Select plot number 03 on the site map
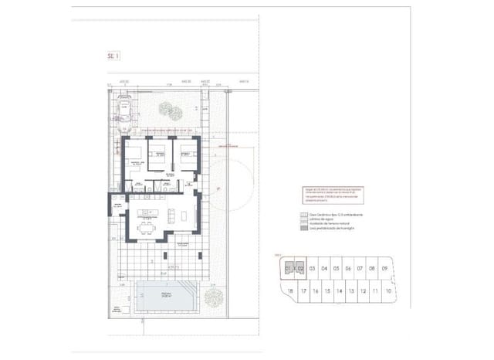pyautogui.click(x=313, y=269)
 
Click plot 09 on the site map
pyautogui.click(x=384, y=269)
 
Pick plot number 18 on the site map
pyautogui.click(x=290, y=291)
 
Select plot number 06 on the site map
pyautogui.click(x=348, y=269)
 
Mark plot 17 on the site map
pyautogui.click(x=304, y=291)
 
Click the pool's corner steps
pyautogui.click(x=141, y=288)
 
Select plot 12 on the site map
pyautogui.click(x=362, y=291)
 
